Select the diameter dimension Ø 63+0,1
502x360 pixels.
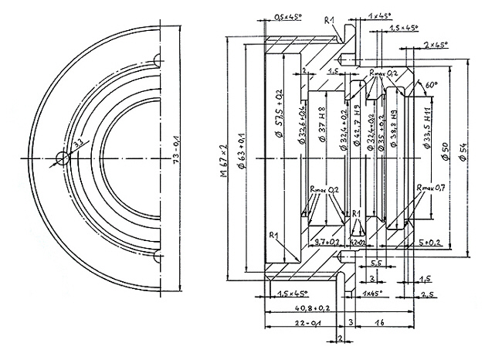point(241,158)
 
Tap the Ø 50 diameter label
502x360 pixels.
point(446,152)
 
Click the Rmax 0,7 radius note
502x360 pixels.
point(430,188)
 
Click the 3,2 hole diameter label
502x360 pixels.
point(76,143)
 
